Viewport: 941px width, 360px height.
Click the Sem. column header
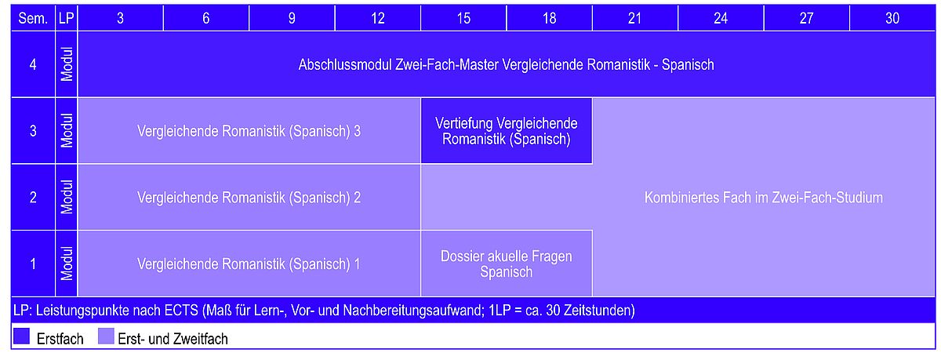33,18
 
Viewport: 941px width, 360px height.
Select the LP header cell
67,18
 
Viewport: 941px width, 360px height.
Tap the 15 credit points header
463,18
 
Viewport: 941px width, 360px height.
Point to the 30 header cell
892,18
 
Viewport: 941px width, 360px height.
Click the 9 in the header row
292,18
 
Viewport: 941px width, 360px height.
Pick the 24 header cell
721,18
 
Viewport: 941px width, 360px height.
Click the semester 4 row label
33,64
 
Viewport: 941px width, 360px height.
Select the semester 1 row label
33,264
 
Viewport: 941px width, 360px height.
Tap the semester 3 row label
33,131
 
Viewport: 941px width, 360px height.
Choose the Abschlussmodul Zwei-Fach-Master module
507,64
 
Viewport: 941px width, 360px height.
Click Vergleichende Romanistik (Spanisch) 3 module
249,131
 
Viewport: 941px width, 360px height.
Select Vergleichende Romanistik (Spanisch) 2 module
249,198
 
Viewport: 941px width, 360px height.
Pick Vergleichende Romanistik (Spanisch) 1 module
249,264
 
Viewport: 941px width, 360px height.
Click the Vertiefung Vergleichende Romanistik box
507,131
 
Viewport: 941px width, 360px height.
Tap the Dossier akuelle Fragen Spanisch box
507,264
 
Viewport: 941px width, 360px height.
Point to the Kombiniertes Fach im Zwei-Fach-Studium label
763,198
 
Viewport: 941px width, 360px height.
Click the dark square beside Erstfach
21,336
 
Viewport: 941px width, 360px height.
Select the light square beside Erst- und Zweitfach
106,336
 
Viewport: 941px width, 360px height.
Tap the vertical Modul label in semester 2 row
67,197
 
